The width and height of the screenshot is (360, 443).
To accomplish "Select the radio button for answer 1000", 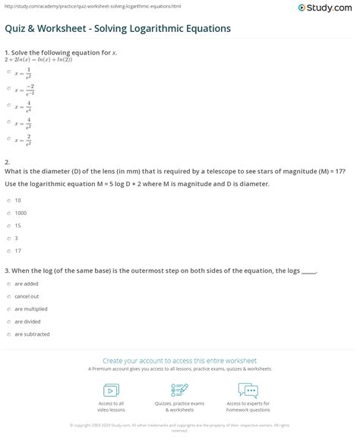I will (x=8, y=214).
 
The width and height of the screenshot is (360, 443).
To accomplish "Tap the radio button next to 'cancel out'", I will (x=8, y=296).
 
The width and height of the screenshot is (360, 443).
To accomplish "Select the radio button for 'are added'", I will (x=8, y=283).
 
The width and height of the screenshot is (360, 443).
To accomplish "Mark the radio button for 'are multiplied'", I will (x=8, y=309).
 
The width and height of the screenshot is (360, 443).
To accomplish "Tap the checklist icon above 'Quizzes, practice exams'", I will (x=179, y=390).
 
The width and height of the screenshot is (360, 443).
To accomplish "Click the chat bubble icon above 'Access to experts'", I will (x=248, y=390).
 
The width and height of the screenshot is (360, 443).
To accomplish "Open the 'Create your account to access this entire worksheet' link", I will (x=179, y=361).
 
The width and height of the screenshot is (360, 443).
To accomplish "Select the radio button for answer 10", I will (x=8, y=201).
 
